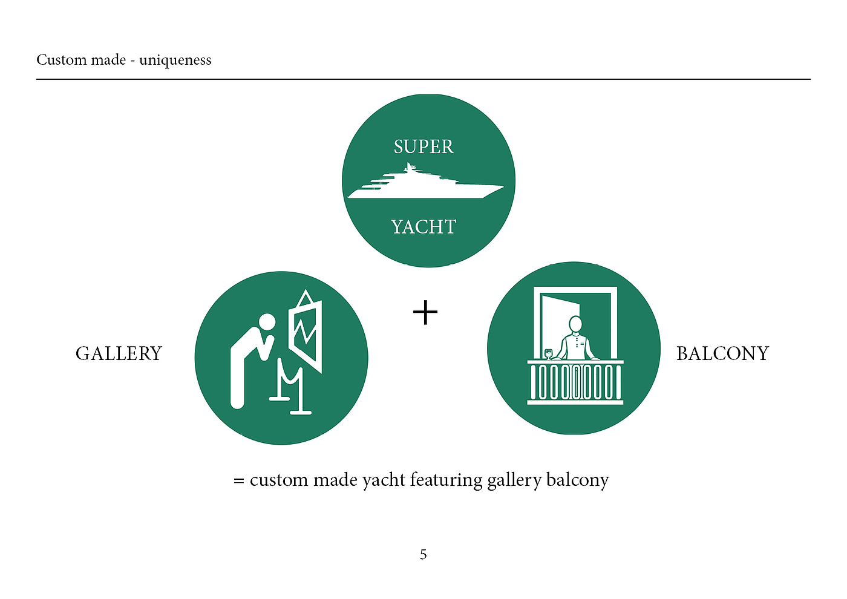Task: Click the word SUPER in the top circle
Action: (x=423, y=147)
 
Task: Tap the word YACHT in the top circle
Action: (x=423, y=227)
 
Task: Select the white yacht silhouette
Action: (x=423, y=185)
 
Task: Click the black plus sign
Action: (x=425, y=312)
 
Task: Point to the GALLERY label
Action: (x=119, y=353)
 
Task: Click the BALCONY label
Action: (x=722, y=353)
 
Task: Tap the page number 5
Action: (x=423, y=554)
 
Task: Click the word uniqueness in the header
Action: (x=175, y=60)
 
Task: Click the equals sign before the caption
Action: (x=239, y=481)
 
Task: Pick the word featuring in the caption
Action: (x=445, y=480)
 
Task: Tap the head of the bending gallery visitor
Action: (x=267, y=322)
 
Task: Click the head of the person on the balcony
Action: (x=575, y=324)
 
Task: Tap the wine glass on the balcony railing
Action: (x=549, y=353)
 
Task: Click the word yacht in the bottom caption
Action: (x=384, y=480)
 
